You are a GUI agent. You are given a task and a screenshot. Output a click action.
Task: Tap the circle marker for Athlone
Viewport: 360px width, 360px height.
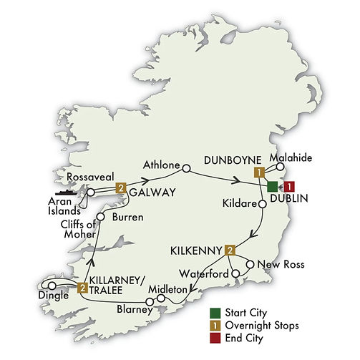point(186,169)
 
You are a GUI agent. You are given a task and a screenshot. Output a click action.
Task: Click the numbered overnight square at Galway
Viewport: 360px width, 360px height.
point(121,188)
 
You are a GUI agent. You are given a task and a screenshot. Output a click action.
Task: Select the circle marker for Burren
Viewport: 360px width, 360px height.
point(101,215)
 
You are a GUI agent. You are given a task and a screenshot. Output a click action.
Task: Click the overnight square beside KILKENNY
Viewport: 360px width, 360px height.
point(230,250)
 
